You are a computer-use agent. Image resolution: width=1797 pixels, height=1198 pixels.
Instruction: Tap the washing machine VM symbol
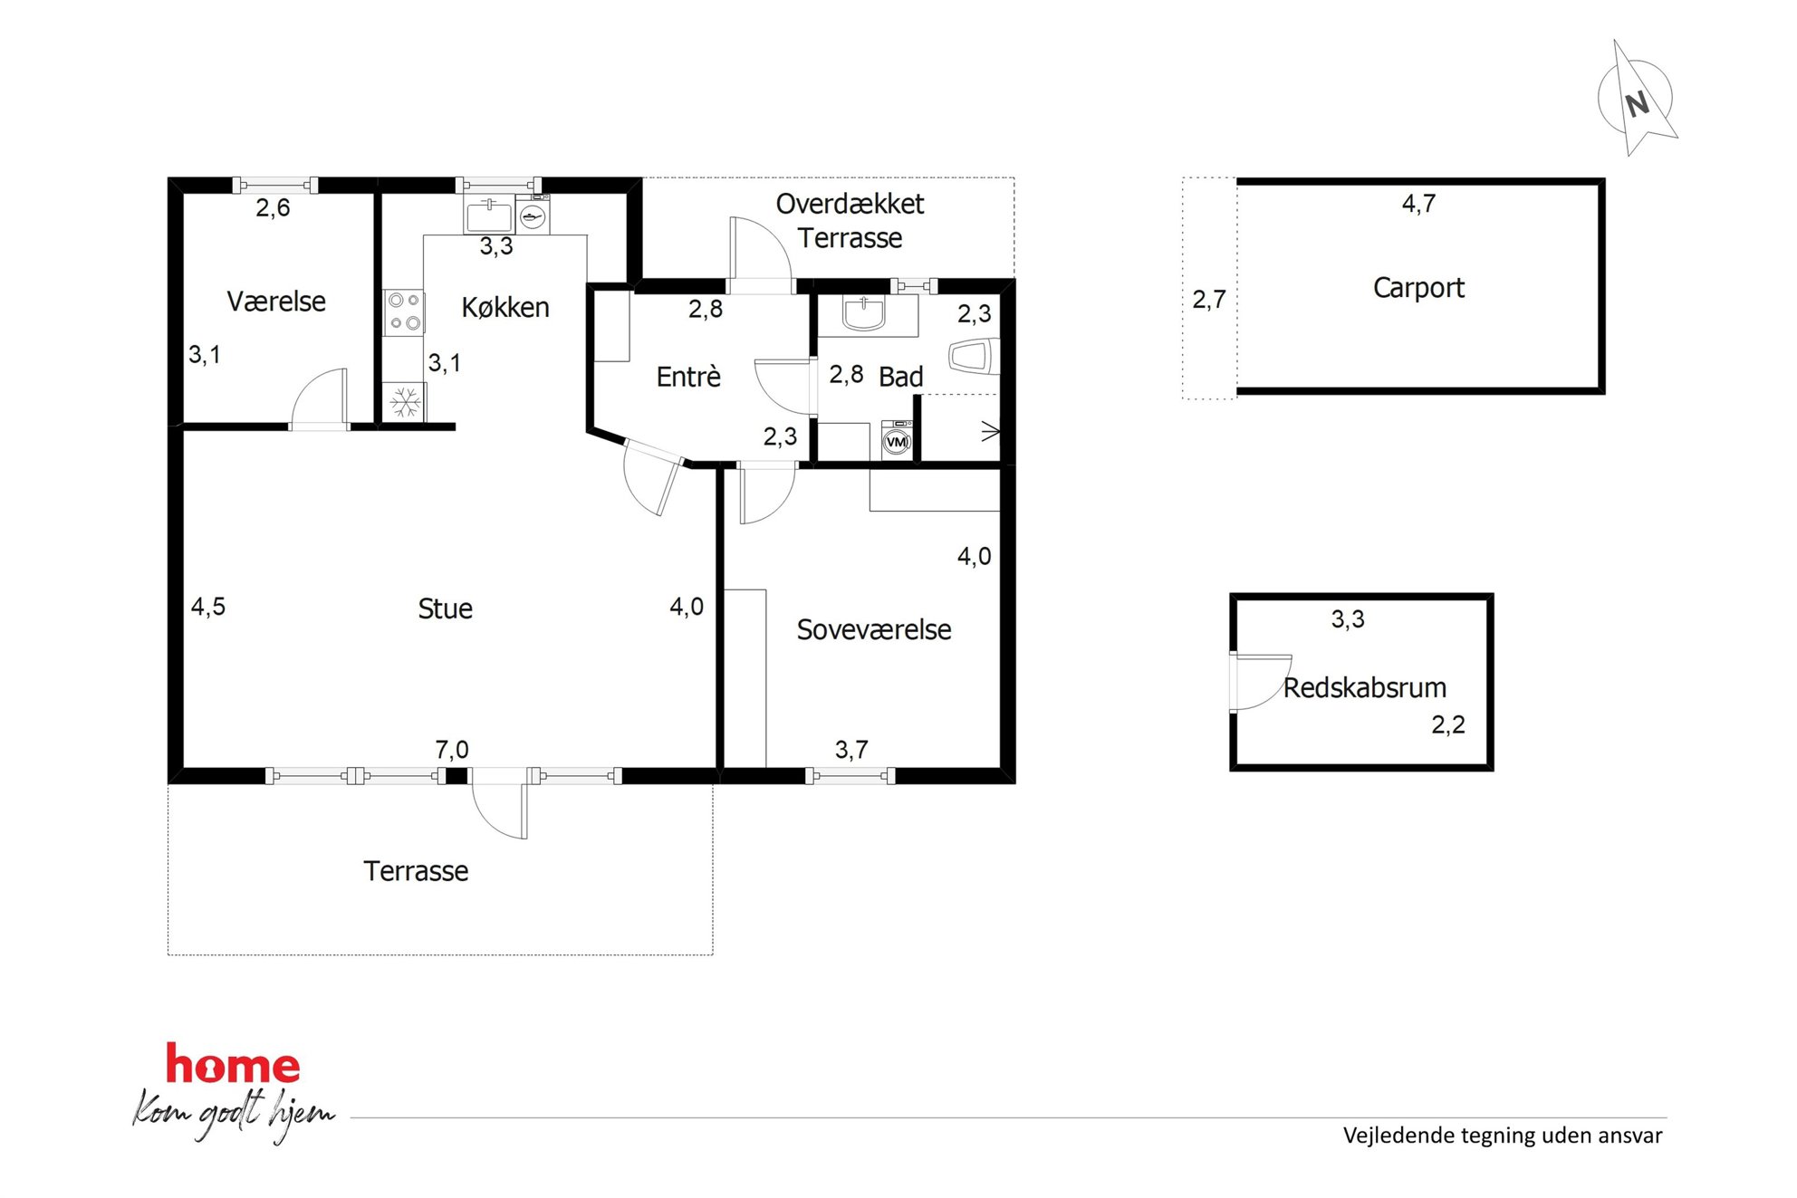pos(897,441)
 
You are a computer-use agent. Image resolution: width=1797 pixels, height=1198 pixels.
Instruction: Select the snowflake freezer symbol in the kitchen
pos(405,403)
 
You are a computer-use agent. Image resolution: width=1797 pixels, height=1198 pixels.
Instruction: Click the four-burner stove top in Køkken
pos(404,311)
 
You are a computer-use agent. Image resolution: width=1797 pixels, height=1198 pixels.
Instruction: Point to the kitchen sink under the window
pos(489,216)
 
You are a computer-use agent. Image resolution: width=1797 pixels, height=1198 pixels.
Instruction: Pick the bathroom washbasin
pos(864,312)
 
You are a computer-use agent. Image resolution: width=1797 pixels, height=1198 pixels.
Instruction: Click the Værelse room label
pos(276,302)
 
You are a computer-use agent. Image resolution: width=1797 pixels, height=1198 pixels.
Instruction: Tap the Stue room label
pos(445,609)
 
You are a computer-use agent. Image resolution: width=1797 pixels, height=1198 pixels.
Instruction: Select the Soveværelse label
pos(874,629)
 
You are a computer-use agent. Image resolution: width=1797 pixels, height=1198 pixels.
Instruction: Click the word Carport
pos(1418,288)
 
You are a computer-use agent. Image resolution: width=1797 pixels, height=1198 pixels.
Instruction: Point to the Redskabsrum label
pos(1365,687)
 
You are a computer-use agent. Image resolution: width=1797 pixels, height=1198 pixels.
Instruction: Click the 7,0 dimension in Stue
pos(452,750)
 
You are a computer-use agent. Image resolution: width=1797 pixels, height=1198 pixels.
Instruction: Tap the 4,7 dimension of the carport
pos(1418,204)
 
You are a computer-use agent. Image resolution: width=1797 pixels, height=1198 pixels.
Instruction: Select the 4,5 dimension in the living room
pos(207,607)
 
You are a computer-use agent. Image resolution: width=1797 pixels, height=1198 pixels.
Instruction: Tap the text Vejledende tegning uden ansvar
pos(1503,1136)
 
